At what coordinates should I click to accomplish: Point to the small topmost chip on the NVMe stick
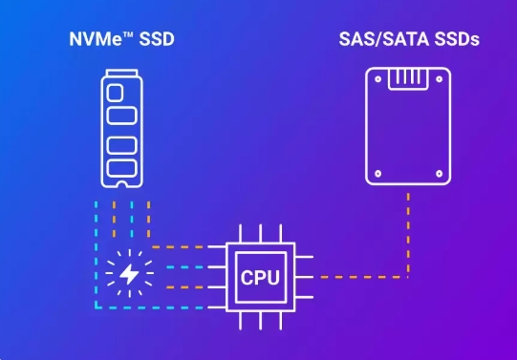click(x=114, y=94)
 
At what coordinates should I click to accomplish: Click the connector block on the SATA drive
click(x=409, y=76)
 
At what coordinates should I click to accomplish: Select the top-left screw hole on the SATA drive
click(x=377, y=80)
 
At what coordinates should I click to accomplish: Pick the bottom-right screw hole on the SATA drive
click(x=441, y=173)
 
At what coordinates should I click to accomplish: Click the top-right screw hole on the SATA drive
click(x=441, y=80)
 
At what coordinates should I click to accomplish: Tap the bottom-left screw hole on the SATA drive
click(x=377, y=173)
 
